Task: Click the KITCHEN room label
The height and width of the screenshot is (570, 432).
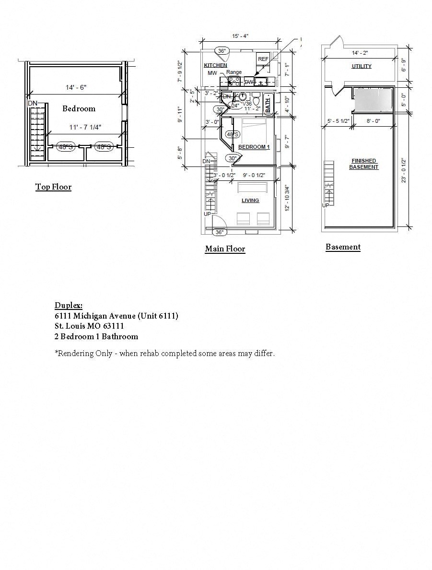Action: pyautogui.click(x=215, y=65)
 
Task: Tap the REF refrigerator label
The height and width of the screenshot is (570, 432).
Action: pyautogui.click(x=263, y=59)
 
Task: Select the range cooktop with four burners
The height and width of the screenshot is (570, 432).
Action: pyautogui.click(x=234, y=81)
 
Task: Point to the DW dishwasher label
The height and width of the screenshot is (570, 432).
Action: pyautogui.click(x=249, y=82)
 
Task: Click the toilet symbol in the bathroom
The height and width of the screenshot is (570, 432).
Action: pyautogui.click(x=256, y=100)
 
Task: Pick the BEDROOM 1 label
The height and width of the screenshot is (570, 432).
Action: pyautogui.click(x=254, y=147)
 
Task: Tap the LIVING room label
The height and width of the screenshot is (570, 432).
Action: pyautogui.click(x=250, y=201)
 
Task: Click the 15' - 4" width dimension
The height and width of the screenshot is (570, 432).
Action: pyautogui.click(x=240, y=36)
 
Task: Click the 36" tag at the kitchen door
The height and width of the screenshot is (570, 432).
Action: pyautogui.click(x=222, y=50)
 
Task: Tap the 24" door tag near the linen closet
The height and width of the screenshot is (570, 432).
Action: pyautogui.click(x=235, y=105)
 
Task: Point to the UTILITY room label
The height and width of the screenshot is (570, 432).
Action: pyautogui.click(x=361, y=66)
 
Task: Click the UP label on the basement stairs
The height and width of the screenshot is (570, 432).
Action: pyautogui.click(x=326, y=205)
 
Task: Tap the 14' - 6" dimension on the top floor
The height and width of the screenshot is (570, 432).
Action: pyautogui.click(x=76, y=87)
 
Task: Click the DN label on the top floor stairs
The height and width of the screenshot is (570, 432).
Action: pyautogui.click(x=32, y=103)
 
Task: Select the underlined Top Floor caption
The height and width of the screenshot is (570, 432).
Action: pyautogui.click(x=53, y=187)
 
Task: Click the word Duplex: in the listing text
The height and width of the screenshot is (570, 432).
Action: pyautogui.click(x=68, y=306)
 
